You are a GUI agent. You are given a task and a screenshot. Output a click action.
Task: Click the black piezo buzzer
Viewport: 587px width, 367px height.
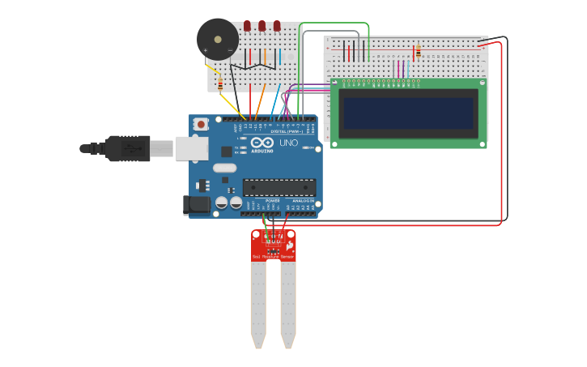[x=218, y=38]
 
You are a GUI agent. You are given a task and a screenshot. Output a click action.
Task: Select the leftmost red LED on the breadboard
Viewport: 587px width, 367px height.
[x=246, y=26]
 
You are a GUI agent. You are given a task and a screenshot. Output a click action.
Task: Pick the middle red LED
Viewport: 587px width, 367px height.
[x=262, y=26]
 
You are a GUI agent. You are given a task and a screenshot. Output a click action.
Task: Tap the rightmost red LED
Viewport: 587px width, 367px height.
[x=277, y=26]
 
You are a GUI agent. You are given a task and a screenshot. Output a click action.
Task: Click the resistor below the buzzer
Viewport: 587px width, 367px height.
[x=220, y=83]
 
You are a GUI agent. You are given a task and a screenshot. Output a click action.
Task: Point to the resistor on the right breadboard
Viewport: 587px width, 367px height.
[x=418, y=52]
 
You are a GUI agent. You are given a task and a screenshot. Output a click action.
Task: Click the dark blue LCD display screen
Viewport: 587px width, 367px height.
[x=408, y=113]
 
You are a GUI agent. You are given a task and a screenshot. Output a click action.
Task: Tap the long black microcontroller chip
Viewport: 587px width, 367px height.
[x=279, y=187]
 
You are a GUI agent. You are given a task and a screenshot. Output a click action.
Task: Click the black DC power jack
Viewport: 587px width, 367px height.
[x=198, y=206]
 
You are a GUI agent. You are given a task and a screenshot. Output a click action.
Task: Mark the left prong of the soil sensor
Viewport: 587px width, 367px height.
[x=258, y=304]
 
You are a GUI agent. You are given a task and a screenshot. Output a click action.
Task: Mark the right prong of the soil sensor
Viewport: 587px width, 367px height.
[x=288, y=304]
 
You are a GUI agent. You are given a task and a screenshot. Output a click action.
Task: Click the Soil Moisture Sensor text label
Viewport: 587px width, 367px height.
[x=273, y=257]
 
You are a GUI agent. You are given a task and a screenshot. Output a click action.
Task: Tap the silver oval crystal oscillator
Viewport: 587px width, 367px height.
[x=224, y=169]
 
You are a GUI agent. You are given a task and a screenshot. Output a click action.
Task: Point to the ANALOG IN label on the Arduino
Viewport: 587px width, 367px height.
[x=304, y=200]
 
